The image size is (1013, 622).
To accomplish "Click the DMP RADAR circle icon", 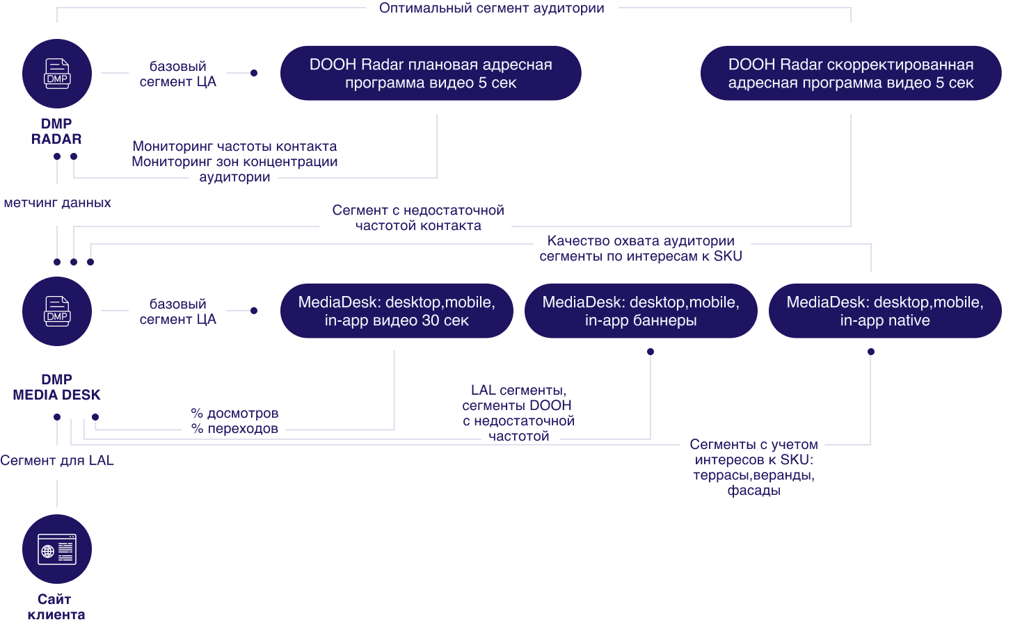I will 57,73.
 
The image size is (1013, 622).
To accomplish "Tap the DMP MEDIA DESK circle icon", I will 57,311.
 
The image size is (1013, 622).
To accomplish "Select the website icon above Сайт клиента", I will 57,549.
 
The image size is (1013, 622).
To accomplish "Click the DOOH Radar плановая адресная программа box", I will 431,74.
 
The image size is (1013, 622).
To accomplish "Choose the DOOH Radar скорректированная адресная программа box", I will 850,74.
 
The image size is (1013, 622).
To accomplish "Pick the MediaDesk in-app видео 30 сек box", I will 397,311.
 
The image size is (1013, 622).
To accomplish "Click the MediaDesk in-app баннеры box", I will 641,311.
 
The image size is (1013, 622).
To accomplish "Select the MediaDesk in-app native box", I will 885,311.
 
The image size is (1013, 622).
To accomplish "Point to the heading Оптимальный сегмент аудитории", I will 491,8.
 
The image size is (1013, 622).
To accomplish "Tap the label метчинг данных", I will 57,204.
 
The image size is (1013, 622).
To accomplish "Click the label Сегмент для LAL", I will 57,461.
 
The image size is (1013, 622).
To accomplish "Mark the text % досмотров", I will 234,414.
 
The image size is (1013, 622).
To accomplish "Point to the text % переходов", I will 234,429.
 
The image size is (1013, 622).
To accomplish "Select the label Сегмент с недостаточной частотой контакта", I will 417,218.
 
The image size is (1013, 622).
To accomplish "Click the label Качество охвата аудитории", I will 641,241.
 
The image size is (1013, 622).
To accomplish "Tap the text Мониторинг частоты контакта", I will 234,147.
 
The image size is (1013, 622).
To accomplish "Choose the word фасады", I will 753,491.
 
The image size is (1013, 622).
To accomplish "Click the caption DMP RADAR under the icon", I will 57,131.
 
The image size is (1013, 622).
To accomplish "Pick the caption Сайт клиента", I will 56,607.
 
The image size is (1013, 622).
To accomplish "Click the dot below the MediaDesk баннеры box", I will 651,352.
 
